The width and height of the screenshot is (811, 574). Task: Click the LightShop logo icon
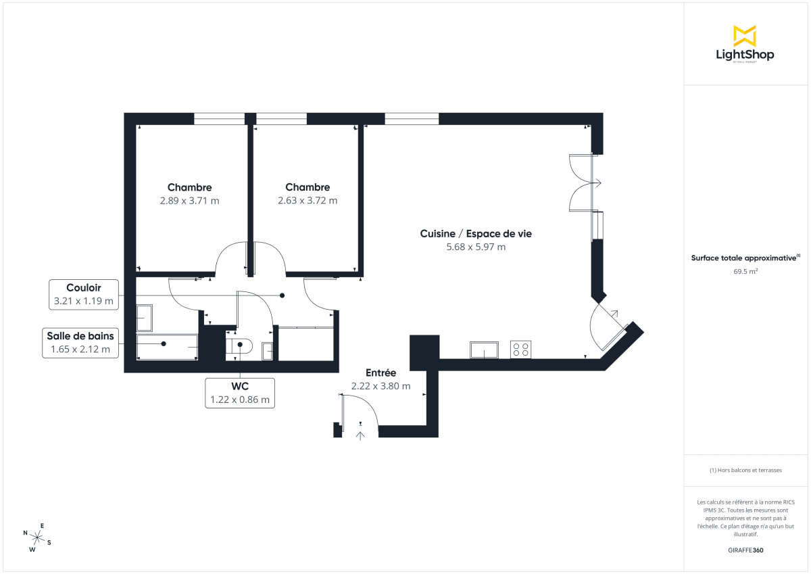(x=744, y=36)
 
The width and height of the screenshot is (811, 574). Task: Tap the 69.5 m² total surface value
(x=745, y=271)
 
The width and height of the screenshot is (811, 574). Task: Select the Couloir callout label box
(x=84, y=294)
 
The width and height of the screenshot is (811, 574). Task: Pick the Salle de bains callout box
(x=80, y=343)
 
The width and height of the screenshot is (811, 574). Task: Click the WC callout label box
(x=240, y=393)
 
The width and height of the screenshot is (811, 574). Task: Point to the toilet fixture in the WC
(x=239, y=347)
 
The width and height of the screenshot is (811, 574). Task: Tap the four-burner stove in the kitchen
(x=520, y=349)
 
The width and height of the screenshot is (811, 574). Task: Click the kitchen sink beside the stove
(x=485, y=350)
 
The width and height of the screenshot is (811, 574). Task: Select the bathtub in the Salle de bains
(x=167, y=346)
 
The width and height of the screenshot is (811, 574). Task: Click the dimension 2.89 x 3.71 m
(x=189, y=201)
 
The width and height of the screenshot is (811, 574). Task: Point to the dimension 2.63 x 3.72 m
(x=308, y=201)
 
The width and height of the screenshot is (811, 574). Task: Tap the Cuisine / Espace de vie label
(x=476, y=233)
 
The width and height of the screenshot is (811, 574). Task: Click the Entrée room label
(x=380, y=373)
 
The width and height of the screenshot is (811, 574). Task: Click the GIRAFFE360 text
(x=745, y=550)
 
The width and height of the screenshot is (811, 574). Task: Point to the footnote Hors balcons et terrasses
(x=745, y=470)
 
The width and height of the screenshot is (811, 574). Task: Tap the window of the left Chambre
(x=219, y=119)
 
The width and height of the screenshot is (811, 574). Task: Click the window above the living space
(x=412, y=119)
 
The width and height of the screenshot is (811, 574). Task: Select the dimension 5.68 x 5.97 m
(x=476, y=247)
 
